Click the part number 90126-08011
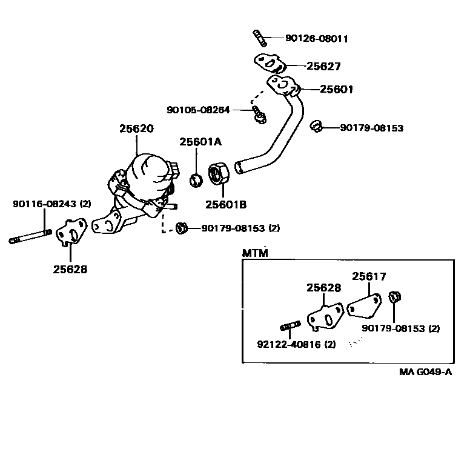(316, 39)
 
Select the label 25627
(323, 67)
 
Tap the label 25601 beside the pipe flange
(337, 89)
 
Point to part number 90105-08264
(199, 110)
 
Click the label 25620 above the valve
(136, 128)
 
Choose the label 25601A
(200, 142)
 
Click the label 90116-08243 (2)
(51, 204)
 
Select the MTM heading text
(255, 253)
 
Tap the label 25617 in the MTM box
(369, 276)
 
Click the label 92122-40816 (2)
(296, 345)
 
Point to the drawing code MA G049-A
(426, 372)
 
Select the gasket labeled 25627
(268, 63)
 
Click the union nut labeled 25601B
(217, 173)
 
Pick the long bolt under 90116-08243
(30, 236)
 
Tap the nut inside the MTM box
(394, 297)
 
